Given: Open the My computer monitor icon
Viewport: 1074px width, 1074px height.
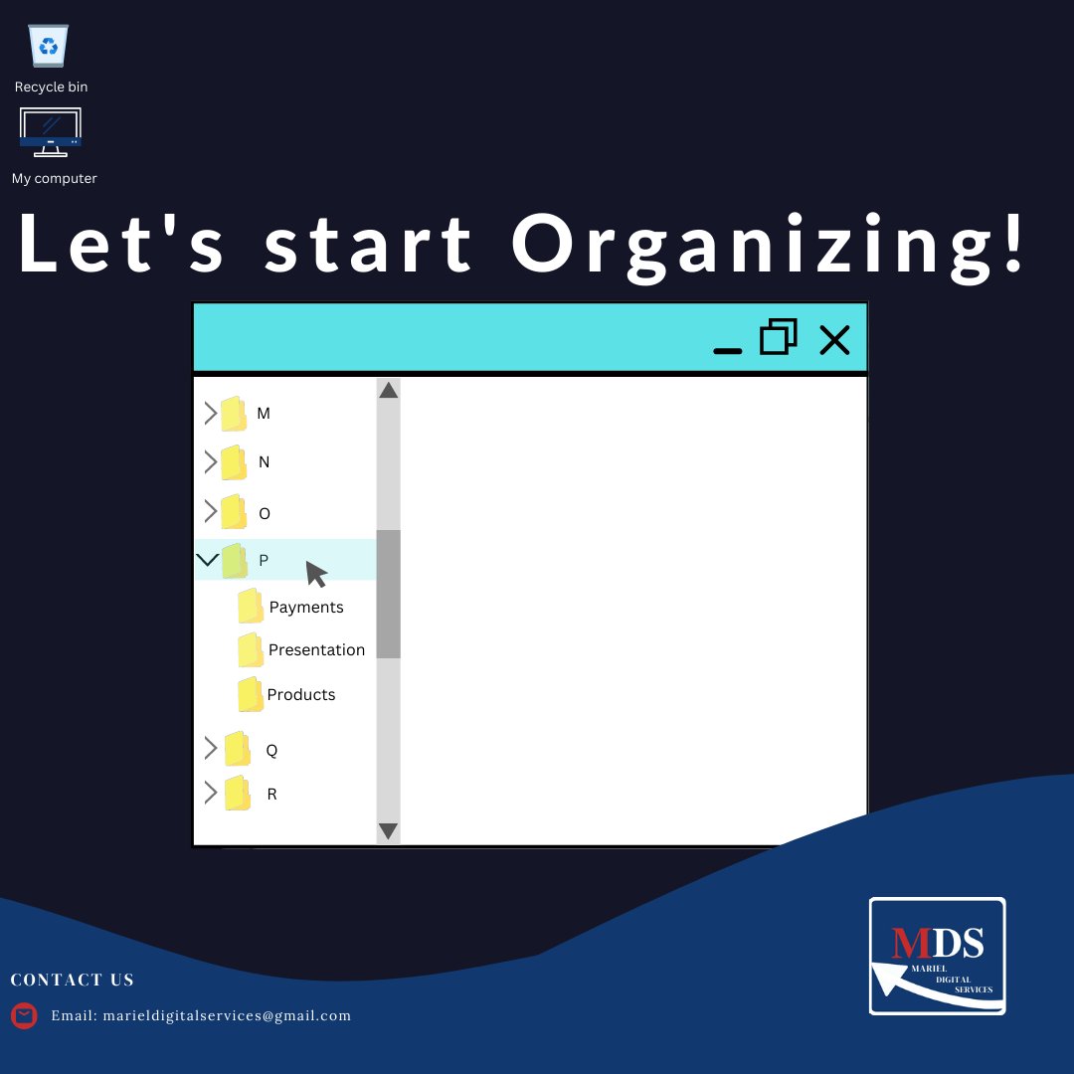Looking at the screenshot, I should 50,132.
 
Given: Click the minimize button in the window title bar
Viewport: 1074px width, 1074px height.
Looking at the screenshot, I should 728,349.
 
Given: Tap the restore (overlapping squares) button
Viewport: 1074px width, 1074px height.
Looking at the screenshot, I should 779,338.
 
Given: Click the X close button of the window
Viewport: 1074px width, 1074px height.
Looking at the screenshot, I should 834,340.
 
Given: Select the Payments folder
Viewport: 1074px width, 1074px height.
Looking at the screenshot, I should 251,607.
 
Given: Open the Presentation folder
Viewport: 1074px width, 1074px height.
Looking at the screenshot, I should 251,650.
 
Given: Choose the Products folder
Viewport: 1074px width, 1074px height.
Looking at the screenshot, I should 251,694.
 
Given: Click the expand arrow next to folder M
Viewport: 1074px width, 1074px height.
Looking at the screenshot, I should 210,414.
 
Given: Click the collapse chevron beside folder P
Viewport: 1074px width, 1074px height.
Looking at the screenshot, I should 207,560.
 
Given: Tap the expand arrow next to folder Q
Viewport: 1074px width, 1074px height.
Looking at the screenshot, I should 210,748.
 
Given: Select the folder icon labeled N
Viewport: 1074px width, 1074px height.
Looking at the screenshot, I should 234,462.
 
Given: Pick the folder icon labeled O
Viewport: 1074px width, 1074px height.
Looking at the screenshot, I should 234,512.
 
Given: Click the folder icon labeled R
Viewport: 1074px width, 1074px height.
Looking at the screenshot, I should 237,794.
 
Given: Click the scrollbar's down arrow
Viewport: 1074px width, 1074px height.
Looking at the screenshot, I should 389,830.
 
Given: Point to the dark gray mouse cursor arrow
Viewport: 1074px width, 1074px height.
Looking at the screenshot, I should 315,574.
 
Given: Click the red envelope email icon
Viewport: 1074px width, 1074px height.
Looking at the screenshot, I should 24,1015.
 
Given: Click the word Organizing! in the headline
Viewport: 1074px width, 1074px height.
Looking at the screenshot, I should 768,245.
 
